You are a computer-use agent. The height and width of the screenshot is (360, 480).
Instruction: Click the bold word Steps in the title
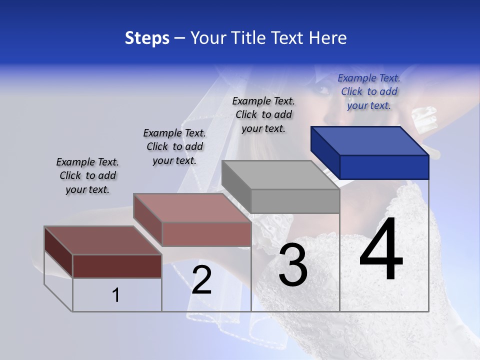[x=147, y=38]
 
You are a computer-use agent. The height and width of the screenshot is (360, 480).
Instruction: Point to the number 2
[x=201, y=280]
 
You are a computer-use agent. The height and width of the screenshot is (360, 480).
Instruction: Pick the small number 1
[x=115, y=295]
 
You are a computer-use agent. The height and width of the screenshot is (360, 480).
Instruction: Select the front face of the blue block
[x=384, y=167]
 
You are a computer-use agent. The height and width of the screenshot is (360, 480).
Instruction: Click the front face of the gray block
[x=295, y=201]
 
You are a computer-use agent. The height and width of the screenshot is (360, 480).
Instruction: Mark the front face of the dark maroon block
[x=117, y=266]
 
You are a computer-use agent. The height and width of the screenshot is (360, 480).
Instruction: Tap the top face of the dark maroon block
[x=102, y=240]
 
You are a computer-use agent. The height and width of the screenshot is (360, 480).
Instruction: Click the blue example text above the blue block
[x=369, y=91]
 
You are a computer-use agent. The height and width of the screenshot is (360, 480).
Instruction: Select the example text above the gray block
[x=263, y=114]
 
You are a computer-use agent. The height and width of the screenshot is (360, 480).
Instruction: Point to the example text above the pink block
[x=174, y=146]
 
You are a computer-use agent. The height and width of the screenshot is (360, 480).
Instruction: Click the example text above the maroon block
[x=87, y=175]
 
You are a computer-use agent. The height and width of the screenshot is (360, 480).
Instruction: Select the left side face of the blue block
[x=325, y=152]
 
